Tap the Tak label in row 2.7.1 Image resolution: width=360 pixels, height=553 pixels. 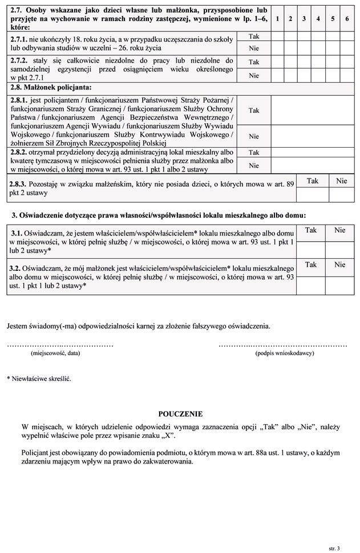[254, 36]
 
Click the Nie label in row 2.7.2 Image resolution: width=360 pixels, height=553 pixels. [254, 75]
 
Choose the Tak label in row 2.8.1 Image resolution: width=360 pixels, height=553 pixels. [254, 110]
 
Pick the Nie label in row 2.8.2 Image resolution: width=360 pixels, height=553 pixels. [254, 165]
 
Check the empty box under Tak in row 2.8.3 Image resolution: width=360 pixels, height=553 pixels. [313, 194]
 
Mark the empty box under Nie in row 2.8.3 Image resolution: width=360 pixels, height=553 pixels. [341, 194]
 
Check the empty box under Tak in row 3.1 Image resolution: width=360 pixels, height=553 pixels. [311, 249]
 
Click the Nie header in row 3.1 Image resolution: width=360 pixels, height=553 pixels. [340, 230]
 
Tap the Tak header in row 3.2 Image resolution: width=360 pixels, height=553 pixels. [311, 265]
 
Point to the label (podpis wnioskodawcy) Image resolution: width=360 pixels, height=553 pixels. [284, 353]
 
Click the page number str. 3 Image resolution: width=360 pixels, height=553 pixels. [334, 548]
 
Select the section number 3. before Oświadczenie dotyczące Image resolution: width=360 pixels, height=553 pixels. [15, 215]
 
